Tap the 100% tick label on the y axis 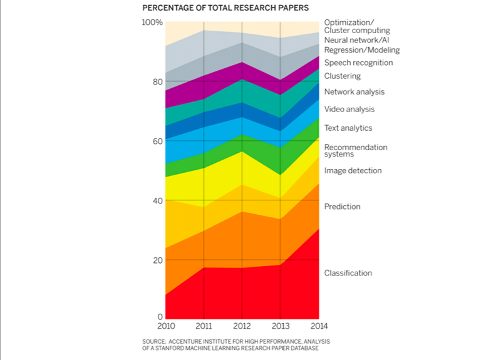[152, 23]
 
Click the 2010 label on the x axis [166, 326]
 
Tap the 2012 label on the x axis [242, 326]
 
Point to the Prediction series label [342, 207]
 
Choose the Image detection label [353, 170]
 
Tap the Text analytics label [348, 128]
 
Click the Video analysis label [349, 109]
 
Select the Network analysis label [354, 92]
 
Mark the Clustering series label [343, 76]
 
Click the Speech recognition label [359, 63]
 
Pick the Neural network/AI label [356, 40]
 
